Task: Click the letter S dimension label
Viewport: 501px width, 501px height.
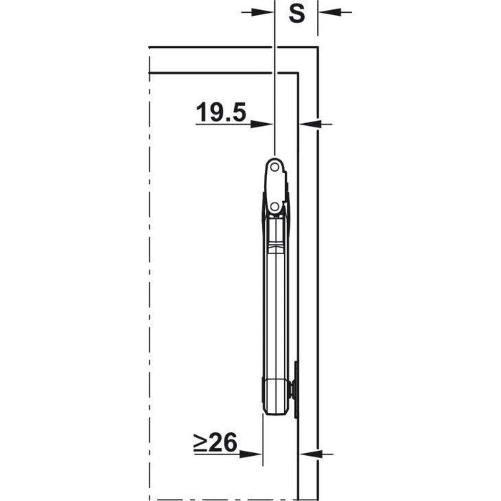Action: click(x=297, y=14)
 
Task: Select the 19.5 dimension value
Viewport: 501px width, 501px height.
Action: click(x=221, y=112)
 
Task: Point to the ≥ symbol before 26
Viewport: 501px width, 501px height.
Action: click(x=201, y=442)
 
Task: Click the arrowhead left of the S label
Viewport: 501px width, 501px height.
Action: click(x=263, y=12)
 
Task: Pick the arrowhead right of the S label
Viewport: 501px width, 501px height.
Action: click(x=329, y=12)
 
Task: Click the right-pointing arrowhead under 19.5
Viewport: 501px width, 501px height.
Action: click(x=262, y=124)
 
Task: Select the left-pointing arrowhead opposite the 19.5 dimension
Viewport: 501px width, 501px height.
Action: click(x=310, y=124)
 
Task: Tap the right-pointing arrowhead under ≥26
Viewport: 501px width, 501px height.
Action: click(x=250, y=454)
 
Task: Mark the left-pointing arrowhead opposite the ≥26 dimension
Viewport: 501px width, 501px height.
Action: click(x=311, y=454)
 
